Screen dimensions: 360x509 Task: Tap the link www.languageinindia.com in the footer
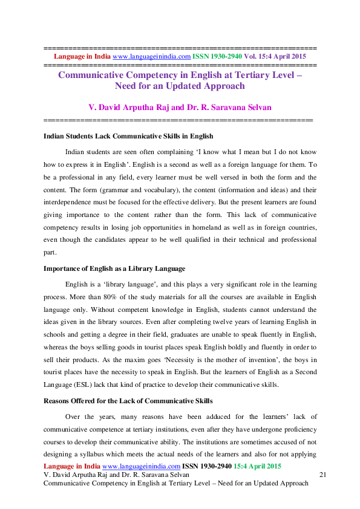click(x=142, y=467)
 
